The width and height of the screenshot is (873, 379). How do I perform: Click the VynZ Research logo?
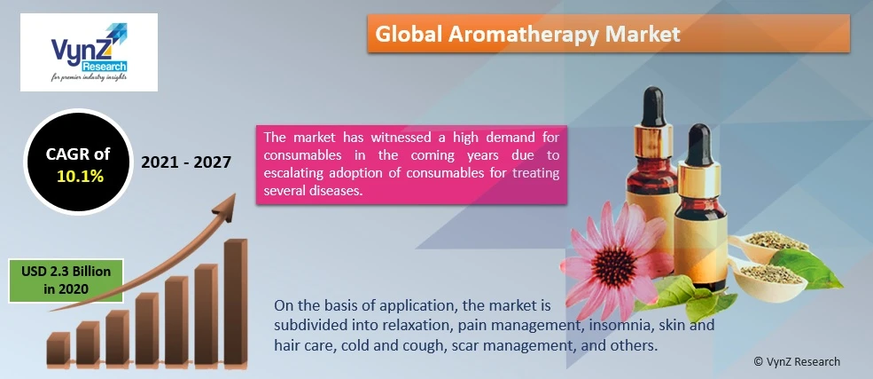coord(90,52)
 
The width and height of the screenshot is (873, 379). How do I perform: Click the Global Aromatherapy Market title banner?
coord(609,34)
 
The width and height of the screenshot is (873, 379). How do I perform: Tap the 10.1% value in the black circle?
coord(80,176)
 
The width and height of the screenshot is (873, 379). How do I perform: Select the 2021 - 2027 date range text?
coord(186,162)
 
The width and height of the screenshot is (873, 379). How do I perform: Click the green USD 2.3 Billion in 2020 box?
coord(66,280)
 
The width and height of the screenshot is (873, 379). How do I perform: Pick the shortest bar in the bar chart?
coord(58,348)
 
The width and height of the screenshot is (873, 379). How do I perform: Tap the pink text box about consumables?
coord(411,164)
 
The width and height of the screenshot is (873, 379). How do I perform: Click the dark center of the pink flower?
coord(614,266)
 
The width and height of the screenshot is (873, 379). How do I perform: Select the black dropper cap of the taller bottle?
coord(653,107)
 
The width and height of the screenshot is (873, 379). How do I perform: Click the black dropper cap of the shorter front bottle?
coord(698,145)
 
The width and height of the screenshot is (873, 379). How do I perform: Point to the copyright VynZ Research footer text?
coord(797,362)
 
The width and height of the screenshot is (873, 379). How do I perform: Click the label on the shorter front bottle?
coord(700,246)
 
